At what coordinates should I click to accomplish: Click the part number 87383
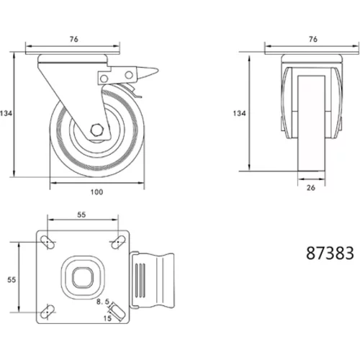tap(330, 253)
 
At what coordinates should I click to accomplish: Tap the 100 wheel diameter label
tap(96, 192)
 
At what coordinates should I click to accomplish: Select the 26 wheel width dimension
tap(311, 188)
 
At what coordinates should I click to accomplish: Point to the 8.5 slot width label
tap(103, 302)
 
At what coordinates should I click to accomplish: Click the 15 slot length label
tap(107, 318)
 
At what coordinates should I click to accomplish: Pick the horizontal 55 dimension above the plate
tap(81, 215)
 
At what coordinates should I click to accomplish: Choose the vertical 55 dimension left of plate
tap(12, 279)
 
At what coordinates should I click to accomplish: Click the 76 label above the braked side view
tap(74, 39)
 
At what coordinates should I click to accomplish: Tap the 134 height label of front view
tap(240, 113)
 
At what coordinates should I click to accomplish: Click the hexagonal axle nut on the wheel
tap(97, 130)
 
